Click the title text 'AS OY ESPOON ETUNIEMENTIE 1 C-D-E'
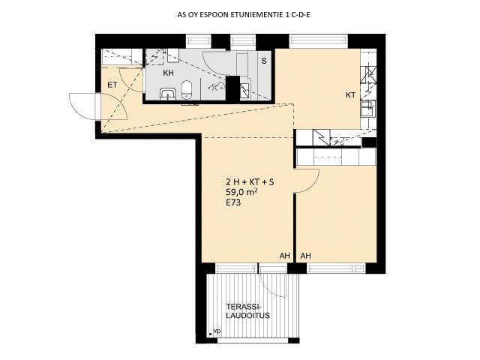pyautogui.click(x=244, y=15)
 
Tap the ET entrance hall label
pyautogui.click(x=112, y=85)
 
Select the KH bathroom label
pyautogui.click(x=168, y=73)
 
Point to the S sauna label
pyautogui.click(x=264, y=61)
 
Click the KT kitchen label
pyautogui.click(x=350, y=95)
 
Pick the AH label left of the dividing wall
pyautogui.click(x=284, y=256)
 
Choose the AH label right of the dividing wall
pyautogui.click(x=306, y=256)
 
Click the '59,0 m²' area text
pyautogui.click(x=241, y=192)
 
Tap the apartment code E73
pyautogui.click(x=233, y=202)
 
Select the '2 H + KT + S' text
pyautogui.click(x=250, y=182)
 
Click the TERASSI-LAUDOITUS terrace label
pyautogui.click(x=248, y=311)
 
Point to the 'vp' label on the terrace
pyautogui.click(x=217, y=331)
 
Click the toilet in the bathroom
pyautogui.click(x=187, y=90)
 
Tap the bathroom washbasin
pyautogui.click(x=167, y=94)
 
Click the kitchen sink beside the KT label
pyautogui.click(x=367, y=108)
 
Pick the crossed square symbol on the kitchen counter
pyautogui.click(x=368, y=75)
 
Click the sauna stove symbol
pyautogui.click(x=244, y=91)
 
